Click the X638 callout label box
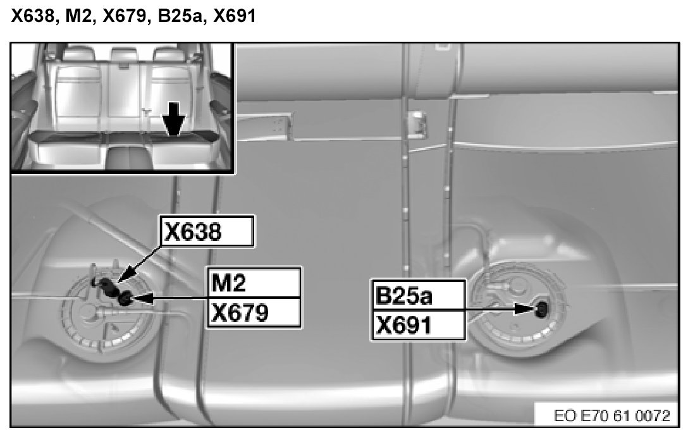207,231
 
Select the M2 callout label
254,283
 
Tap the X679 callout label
254,312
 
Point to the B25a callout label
418,295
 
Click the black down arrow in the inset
174,118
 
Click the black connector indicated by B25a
543,309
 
